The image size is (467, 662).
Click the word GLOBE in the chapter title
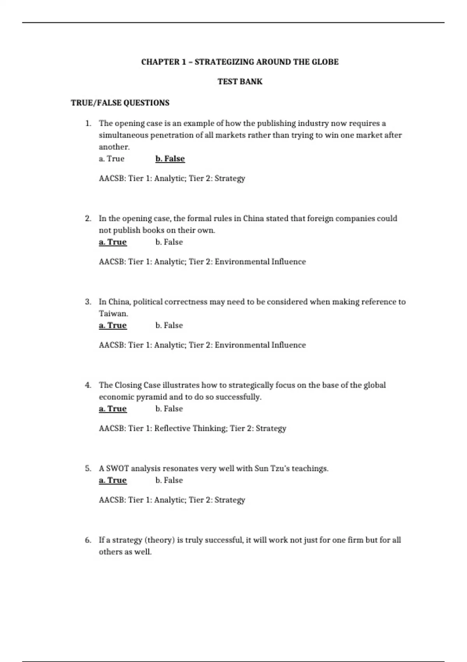[x=325, y=62]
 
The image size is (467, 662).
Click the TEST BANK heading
[x=240, y=82]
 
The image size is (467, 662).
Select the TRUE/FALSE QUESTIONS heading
[x=120, y=103]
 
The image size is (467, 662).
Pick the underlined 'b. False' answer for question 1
[x=170, y=159]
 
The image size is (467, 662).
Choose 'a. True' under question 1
[x=112, y=159]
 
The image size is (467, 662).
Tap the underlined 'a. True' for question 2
[x=113, y=242]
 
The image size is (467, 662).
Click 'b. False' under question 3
[x=169, y=326]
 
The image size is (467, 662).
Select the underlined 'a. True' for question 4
[x=113, y=409]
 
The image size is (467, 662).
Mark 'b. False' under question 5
[x=169, y=481]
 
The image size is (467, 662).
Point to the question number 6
[x=88, y=540]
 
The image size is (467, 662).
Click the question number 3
[x=88, y=302]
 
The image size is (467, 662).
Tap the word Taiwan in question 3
[x=113, y=313]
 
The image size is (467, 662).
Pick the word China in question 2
[x=253, y=218]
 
